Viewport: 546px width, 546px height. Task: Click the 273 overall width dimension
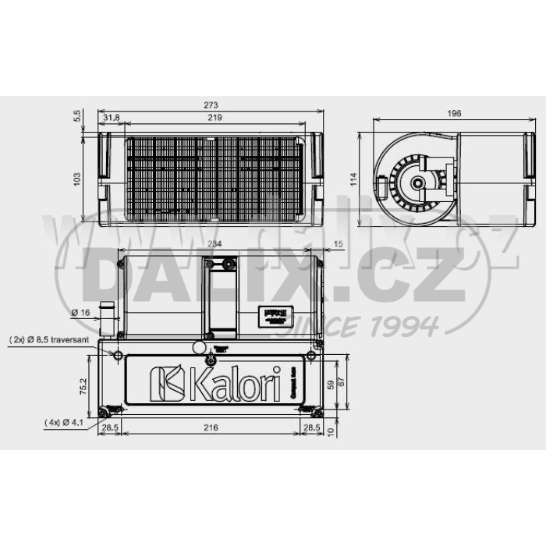pos(211,106)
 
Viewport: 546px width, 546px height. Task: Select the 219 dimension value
pos(215,118)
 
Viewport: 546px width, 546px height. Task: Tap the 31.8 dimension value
pos(112,118)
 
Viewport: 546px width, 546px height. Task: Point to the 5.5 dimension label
pos(76,115)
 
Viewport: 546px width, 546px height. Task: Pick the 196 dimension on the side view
pos(455,114)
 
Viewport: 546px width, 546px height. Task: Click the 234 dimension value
pos(216,244)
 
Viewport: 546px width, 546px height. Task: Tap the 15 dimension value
pos(337,244)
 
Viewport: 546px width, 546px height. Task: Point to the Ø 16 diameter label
pos(80,313)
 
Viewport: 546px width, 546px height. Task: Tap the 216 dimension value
pos(210,428)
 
